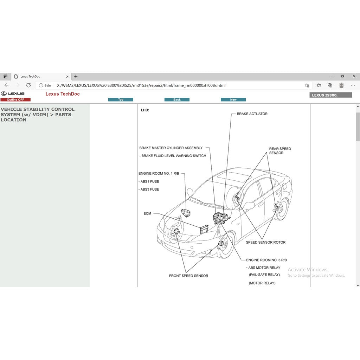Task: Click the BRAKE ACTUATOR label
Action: coord(252,114)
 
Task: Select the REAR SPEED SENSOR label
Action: coord(280,151)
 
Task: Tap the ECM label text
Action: coord(147,213)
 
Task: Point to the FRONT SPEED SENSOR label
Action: coord(188,276)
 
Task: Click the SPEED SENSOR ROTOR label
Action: coord(265,243)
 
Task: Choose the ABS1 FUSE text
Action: coord(150,182)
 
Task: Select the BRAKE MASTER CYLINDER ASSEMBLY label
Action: coord(171,148)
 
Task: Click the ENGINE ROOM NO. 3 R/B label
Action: coord(266,260)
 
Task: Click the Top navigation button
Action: coord(121,100)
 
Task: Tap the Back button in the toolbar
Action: coord(177,100)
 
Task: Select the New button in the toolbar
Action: coord(233,100)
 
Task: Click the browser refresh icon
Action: coord(28,85)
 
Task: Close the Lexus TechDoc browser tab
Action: coord(67,77)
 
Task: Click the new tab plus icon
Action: coord(76,77)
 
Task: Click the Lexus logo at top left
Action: coord(13,94)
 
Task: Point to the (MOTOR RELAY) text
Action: coord(262,283)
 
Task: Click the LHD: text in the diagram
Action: coord(145,110)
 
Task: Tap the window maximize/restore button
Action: coord(342,76)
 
